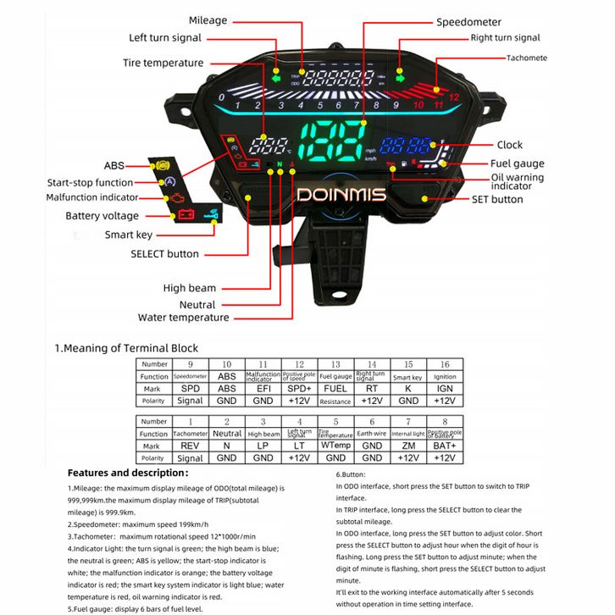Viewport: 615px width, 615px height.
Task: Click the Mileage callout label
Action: point(208,20)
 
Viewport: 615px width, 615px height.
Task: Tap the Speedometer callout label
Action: point(468,22)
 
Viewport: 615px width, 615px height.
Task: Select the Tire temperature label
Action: point(163,63)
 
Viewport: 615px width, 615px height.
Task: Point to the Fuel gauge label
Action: point(517,163)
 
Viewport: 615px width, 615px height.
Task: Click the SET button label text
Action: point(497,199)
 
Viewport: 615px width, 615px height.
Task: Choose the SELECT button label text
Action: point(164,253)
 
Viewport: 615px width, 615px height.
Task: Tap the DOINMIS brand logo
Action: point(341,195)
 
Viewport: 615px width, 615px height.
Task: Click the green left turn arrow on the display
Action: point(275,79)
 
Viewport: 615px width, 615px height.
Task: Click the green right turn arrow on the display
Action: point(401,78)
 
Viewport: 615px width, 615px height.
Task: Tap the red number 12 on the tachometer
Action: point(454,97)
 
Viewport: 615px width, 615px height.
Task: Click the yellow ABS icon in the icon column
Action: point(163,163)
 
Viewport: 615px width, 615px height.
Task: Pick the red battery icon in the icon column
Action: point(184,215)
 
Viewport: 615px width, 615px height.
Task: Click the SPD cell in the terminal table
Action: point(191,388)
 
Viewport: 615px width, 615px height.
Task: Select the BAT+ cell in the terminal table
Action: point(444,446)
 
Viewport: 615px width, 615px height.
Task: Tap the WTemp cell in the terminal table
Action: point(335,446)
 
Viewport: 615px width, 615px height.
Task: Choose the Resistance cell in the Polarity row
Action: point(335,401)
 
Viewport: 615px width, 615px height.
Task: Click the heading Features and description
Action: point(128,473)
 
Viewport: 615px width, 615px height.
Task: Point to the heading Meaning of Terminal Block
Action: point(126,348)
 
